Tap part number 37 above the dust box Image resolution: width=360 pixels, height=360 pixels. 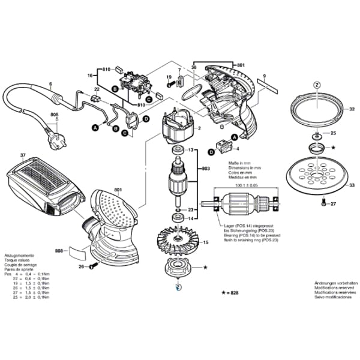pos(23,155)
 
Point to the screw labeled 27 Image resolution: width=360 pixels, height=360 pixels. pos(325,205)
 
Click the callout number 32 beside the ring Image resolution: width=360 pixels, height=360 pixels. pos(352,109)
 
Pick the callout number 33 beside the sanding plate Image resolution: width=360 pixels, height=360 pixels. pos(352,186)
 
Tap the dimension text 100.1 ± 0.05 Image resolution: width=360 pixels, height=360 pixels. pos(242,185)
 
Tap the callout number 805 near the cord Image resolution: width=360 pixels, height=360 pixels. pos(55,115)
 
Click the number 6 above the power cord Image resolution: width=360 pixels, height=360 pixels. pos(50,85)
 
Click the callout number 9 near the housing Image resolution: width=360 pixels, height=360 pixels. pos(263,75)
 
